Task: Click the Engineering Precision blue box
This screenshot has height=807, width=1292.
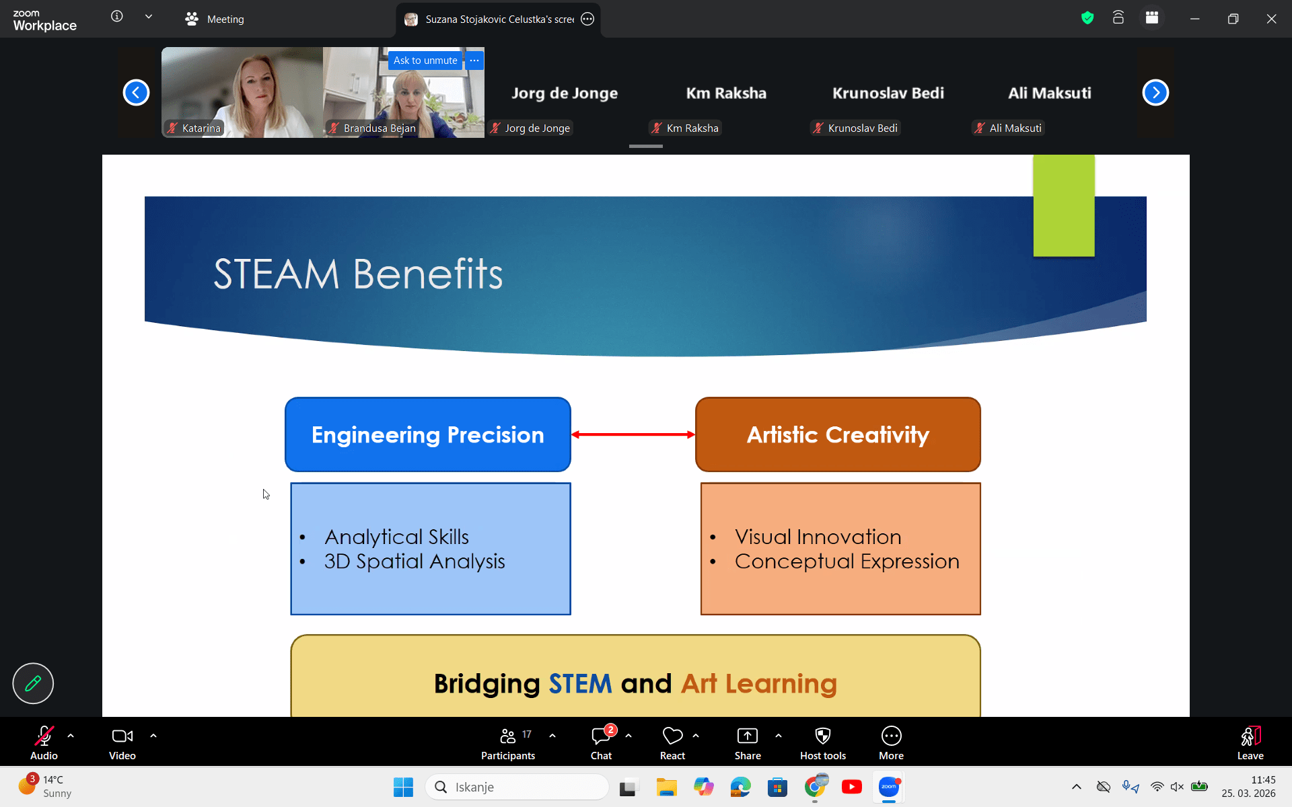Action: [428, 434]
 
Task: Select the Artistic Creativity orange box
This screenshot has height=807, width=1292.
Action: [838, 434]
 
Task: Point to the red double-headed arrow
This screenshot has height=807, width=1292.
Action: [633, 434]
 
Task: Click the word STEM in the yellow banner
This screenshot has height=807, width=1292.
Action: [580, 684]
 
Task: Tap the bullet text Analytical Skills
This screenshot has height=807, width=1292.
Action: [396, 537]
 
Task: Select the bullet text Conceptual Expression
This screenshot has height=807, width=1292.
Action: [847, 562]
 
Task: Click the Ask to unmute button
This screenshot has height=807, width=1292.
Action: [425, 61]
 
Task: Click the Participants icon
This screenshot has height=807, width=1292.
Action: [508, 736]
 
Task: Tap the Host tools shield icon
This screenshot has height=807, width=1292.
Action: [823, 736]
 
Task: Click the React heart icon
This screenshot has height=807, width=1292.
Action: [672, 736]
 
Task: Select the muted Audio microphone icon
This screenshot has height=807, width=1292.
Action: [44, 736]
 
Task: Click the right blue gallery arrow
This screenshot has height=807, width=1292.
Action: [1155, 93]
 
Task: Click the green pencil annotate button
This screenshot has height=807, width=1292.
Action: [33, 683]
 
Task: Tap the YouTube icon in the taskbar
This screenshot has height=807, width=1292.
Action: [852, 787]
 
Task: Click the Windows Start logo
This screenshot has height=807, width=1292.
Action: [403, 787]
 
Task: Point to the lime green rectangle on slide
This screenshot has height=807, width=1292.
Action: [1064, 206]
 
